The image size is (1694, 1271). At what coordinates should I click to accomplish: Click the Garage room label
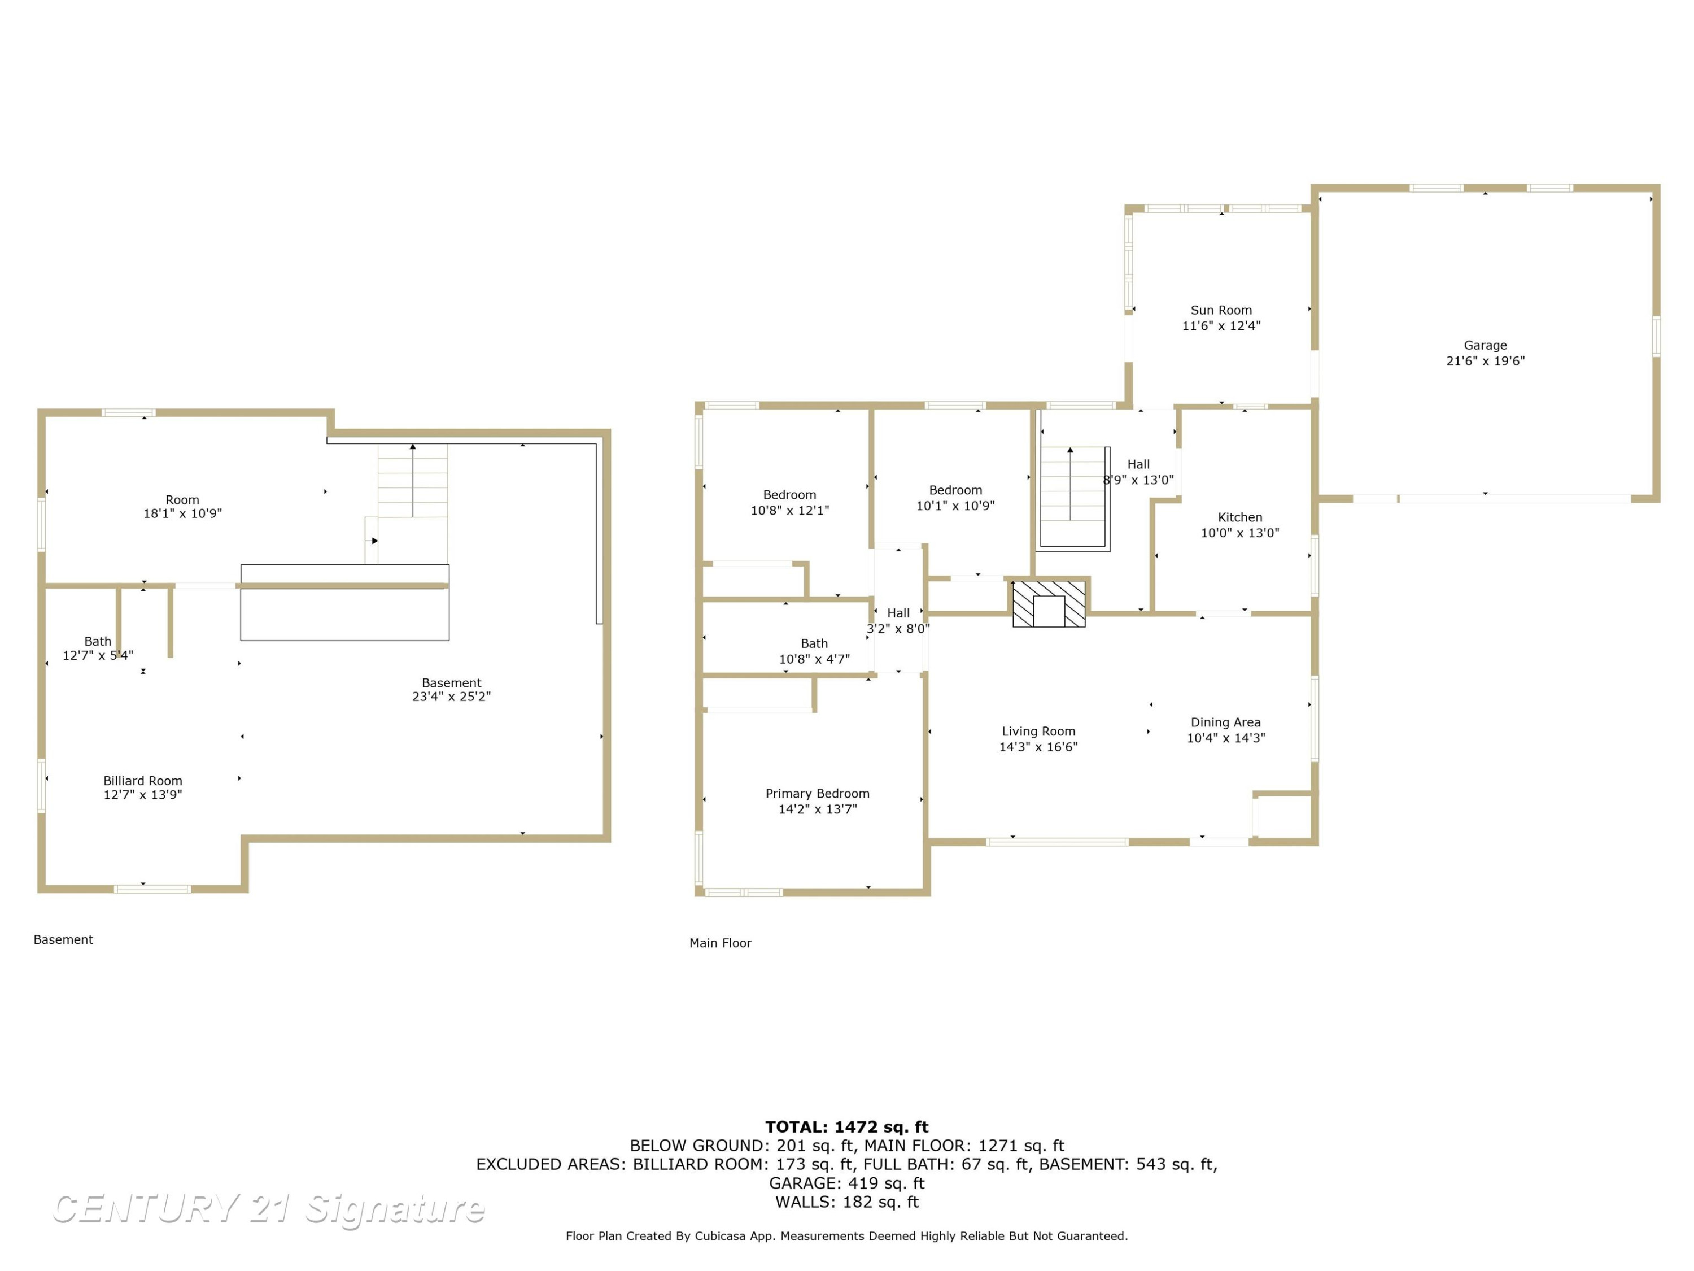click(1485, 346)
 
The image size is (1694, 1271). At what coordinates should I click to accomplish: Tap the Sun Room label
click(1221, 310)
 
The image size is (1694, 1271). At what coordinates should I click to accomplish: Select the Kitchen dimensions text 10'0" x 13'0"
click(1240, 533)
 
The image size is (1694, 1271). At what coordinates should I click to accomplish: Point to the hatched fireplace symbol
click(1049, 604)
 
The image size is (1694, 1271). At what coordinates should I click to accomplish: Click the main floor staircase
click(1073, 497)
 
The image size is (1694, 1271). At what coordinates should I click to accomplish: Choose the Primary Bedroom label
click(817, 794)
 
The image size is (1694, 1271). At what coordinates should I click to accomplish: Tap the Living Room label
click(1038, 732)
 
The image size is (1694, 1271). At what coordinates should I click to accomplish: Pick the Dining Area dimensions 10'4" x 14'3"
click(1225, 738)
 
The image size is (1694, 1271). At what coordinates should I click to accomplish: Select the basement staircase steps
click(413, 481)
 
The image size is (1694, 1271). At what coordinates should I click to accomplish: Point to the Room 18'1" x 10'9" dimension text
click(182, 514)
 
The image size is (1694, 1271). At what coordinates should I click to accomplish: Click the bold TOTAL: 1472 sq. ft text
click(847, 1127)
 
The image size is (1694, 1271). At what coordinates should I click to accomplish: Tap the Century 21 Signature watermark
click(268, 1208)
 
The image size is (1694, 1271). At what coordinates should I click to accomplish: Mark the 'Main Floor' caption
click(720, 943)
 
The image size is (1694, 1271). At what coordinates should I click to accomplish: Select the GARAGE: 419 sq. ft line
click(847, 1183)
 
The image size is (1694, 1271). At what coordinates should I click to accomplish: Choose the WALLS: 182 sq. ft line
click(847, 1202)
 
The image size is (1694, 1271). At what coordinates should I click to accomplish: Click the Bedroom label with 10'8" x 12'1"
click(789, 495)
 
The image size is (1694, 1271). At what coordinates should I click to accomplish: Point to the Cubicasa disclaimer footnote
click(847, 1236)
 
